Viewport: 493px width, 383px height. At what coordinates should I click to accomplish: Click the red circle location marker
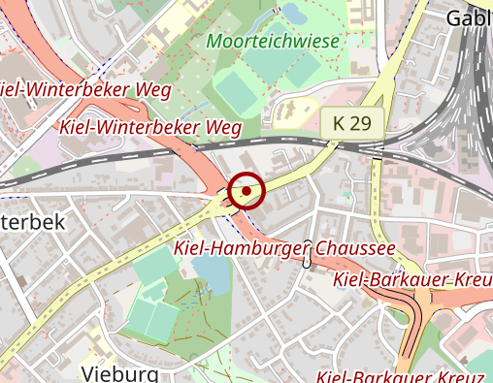247,191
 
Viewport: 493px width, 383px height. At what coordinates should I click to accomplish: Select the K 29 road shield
352,123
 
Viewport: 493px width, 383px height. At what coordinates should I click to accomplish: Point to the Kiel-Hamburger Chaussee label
284,249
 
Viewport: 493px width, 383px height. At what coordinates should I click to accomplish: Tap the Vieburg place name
120,373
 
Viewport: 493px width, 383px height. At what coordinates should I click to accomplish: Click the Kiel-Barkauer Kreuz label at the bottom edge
386,376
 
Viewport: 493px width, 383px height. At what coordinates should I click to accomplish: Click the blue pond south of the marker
216,275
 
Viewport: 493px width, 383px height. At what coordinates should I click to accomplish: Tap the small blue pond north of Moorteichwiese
291,13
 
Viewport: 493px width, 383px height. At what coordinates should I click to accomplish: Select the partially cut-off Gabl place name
469,18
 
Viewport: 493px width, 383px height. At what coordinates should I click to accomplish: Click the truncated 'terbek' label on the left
32,222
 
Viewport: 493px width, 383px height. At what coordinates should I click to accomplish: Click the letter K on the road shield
339,123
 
